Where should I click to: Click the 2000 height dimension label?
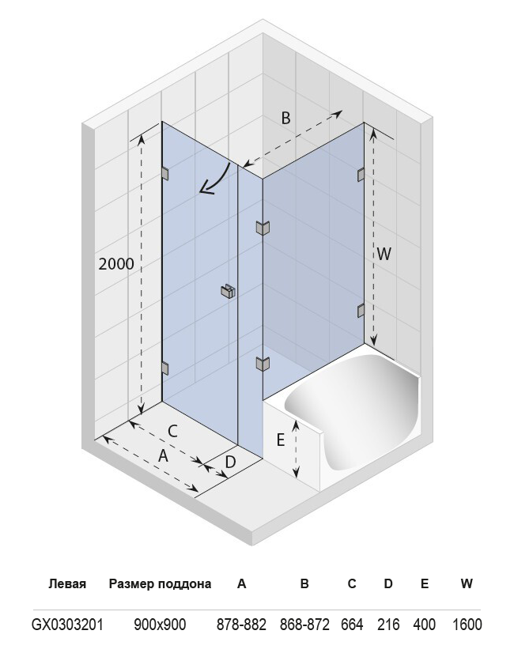(116, 263)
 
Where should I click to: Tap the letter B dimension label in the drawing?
(286, 118)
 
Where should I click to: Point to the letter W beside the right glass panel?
(384, 254)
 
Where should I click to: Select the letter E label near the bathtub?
(281, 440)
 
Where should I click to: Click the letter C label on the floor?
(172, 431)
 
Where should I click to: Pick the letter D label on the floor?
(230, 462)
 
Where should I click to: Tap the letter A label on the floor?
(163, 455)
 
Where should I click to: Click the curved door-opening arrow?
(214, 180)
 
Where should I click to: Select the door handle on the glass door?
(229, 292)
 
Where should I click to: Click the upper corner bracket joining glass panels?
(263, 228)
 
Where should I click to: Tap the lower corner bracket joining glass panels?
(263, 364)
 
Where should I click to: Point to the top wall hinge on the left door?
(164, 173)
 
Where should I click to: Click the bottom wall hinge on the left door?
(164, 368)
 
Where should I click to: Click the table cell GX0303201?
(67, 625)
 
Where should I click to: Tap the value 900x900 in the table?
(160, 625)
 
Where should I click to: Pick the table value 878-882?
(241, 625)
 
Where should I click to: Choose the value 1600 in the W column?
(467, 625)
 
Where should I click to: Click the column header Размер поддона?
(160, 583)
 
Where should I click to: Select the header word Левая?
(67, 583)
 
